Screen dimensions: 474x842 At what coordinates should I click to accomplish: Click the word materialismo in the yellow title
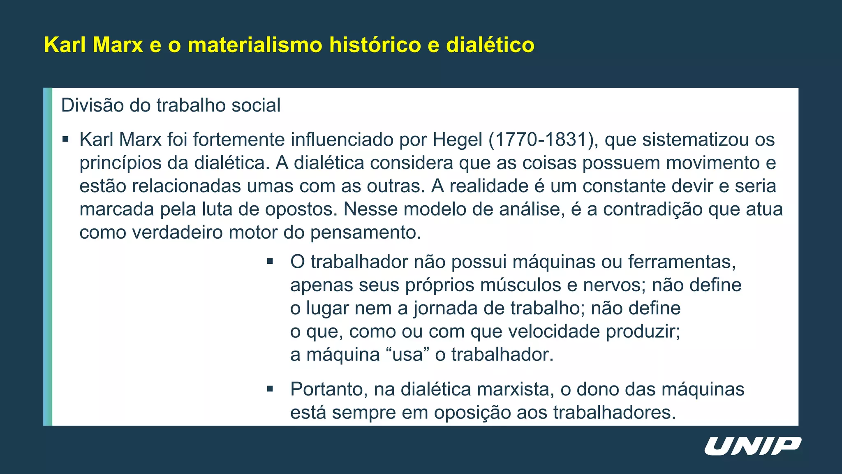255,45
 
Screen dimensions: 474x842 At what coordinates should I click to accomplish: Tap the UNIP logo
752,446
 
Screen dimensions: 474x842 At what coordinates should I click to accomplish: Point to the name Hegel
457,140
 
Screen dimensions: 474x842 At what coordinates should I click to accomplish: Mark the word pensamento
365,232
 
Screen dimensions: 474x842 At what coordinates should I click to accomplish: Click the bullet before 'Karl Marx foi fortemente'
65,139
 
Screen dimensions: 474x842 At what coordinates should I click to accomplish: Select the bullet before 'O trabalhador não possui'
270,261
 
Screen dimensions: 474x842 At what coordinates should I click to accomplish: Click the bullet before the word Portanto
270,389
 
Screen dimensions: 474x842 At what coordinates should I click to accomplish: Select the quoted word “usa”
407,355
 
